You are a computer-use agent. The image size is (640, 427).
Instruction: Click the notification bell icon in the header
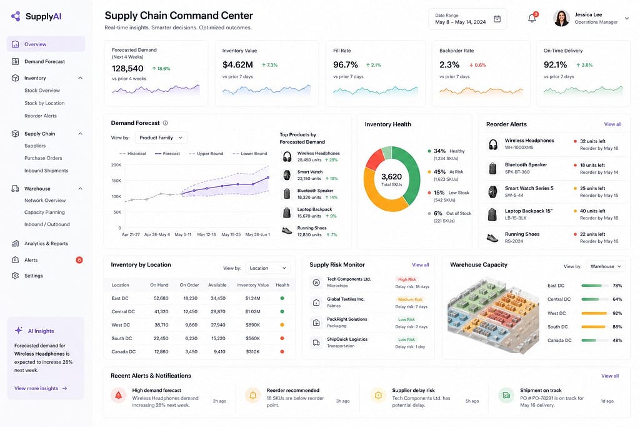tap(532, 18)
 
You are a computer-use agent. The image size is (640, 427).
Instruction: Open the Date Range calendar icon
tap(497, 19)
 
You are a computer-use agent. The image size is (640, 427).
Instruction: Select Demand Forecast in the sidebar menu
tap(44, 62)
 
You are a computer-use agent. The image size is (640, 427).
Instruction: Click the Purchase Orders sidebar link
tap(43, 158)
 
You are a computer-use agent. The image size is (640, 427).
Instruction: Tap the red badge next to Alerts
tap(79, 260)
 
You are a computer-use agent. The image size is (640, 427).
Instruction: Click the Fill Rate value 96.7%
tap(345, 65)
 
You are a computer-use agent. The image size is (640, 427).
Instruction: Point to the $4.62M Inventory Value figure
tap(237, 65)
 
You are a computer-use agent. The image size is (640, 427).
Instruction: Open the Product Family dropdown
tap(161, 138)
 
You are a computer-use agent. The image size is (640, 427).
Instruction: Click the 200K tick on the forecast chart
tap(116, 165)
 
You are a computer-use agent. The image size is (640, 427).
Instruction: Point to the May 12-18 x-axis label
tap(206, 234)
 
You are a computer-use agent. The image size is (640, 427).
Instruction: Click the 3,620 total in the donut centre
tap(391, 177)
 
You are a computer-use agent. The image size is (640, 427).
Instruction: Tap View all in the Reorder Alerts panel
tap(612, 124)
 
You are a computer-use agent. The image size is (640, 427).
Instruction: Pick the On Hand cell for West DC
tap(161, 325)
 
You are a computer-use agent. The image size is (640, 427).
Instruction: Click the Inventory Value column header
tap(252, 285)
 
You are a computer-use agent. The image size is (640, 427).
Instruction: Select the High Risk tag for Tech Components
tap(407, 279)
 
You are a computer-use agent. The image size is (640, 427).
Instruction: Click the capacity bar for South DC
tap(594, 326)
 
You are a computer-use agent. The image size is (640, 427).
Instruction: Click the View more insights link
tap(41, 388)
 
